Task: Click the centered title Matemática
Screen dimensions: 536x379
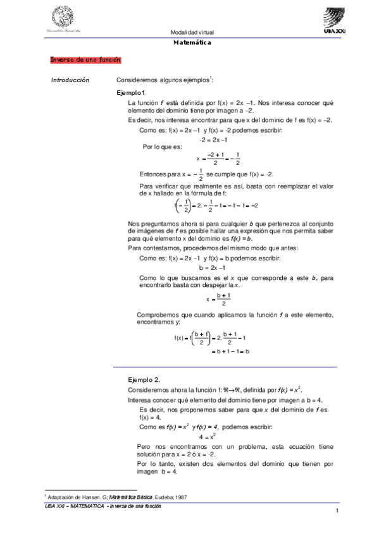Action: tap(192, 42)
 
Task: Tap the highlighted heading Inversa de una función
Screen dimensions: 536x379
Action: tap(85, 59)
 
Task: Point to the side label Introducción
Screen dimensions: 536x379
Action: tap(70, 80)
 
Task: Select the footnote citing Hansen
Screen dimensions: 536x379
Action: tap(108, 498)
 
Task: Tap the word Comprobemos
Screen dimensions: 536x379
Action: tap(159, 315)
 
